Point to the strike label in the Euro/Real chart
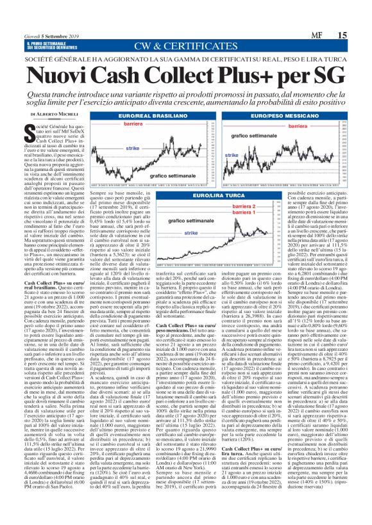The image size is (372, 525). [133, 148]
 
